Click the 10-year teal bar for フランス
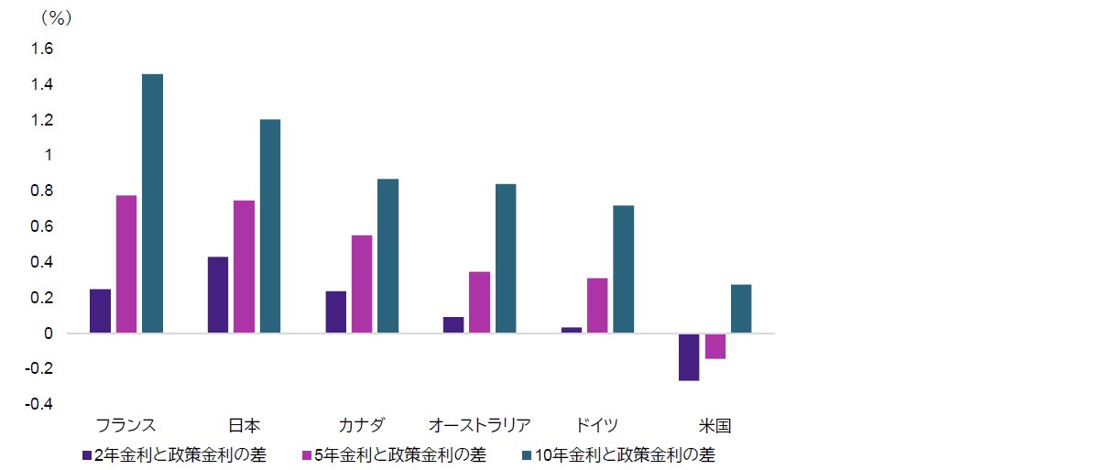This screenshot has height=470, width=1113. [152, 202]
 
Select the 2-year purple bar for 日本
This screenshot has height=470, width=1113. [218, 295]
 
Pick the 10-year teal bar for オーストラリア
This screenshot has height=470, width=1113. [506, 258]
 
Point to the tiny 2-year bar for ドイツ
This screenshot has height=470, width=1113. [572, 330]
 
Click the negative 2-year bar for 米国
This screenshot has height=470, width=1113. [689, 357]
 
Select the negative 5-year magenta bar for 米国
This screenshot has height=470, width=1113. [715, 346]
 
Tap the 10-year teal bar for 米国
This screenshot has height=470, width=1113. [741, 309]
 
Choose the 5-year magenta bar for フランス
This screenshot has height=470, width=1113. [125, 264]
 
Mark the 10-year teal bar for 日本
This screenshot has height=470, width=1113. [270, 225]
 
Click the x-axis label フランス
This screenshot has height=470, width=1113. [125, 425]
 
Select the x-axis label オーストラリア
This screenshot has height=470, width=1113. [480, 425]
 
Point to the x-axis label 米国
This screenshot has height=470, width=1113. [715, 425]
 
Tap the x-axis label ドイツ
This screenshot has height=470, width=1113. [597, 425]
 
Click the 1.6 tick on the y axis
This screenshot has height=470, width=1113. [44, 49]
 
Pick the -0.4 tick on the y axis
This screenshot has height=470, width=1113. [41, 405]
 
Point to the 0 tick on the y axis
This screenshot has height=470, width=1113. [49, 333]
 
